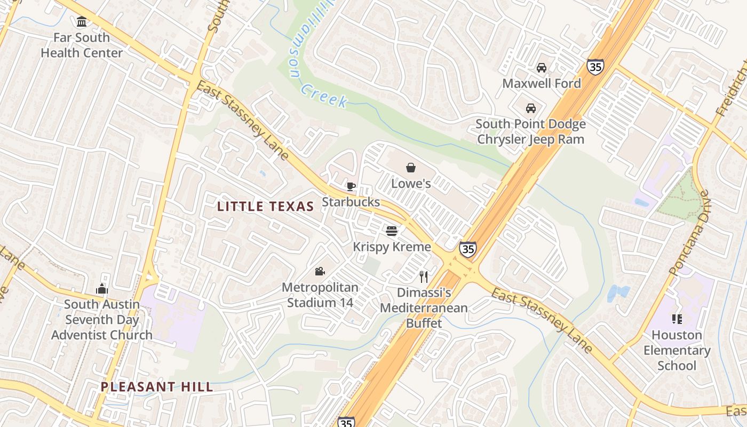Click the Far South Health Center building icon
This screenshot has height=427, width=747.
pos(82,22)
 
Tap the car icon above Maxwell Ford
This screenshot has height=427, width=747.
pos(541,68)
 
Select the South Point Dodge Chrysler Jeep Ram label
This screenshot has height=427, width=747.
pos(530,132)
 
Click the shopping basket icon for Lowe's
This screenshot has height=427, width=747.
pos(411,168)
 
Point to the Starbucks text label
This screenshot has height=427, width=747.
pos(351,202)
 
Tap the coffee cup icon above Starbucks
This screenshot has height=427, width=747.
pos(351,186)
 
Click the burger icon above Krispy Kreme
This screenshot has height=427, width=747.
pos(392,231)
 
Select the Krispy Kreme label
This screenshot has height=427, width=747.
pos(392,247)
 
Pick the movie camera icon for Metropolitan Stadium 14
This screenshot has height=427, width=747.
pos(320,272)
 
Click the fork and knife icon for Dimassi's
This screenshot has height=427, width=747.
pos(424,277)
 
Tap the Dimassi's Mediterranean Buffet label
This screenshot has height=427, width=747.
pos(424,308)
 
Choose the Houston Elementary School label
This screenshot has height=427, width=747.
pos(677,350)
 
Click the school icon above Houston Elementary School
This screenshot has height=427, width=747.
pos(677,319)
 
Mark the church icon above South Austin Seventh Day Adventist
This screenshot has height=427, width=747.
pos(102,289)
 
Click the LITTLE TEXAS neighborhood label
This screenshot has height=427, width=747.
pos(265,207)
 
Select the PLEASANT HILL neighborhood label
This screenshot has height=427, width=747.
pos(157,387)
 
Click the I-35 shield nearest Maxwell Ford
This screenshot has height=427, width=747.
pos(595,67)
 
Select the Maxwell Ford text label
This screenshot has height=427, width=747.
pos(541,84)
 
